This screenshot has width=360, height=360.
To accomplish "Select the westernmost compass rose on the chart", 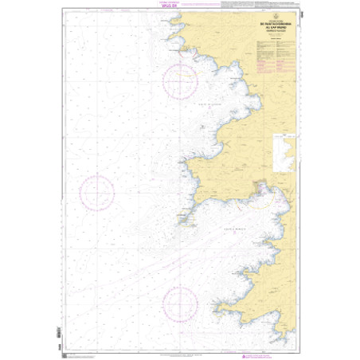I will (x=96, y=191).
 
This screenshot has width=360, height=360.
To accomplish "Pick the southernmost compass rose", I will (x=180, y=305).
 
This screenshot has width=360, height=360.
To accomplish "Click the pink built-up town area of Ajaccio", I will (x=260, y=190).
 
